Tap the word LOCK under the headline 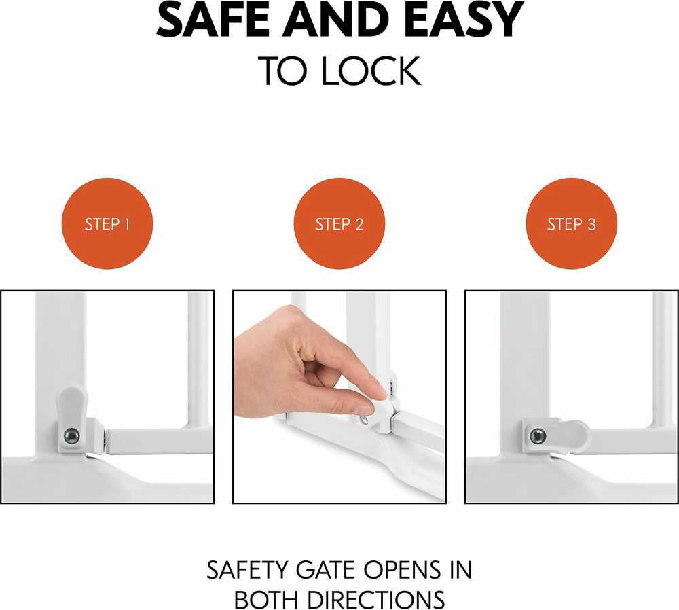[370, 71]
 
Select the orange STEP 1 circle [107, 223]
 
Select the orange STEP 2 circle [339, 223]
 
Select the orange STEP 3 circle [572, 223]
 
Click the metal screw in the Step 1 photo [72, 436]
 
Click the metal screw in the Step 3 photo [538, 435]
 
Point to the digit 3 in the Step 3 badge [591, 224]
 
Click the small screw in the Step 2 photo [365, 419]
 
